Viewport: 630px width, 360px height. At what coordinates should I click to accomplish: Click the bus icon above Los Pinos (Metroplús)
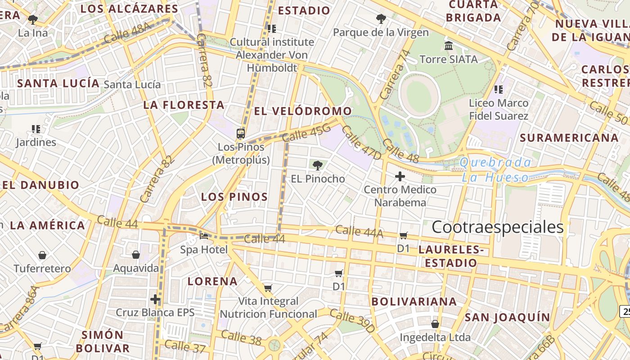click(241, 134)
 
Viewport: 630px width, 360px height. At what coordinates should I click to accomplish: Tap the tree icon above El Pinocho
click(318, 165)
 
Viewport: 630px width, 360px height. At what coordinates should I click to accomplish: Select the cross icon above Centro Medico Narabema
click(400, 176)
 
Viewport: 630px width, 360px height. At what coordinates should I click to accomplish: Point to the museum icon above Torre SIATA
click(449, 46)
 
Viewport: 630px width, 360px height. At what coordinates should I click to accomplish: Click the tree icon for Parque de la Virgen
click(381, 19)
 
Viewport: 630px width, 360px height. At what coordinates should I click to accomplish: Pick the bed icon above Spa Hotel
click(204, 236)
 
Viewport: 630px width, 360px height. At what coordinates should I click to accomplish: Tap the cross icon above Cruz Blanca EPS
click(155, 299)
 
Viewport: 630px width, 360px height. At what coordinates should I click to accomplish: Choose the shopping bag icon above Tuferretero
click(42, 255)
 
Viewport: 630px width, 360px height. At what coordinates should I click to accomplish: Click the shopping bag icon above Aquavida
click(135, 255)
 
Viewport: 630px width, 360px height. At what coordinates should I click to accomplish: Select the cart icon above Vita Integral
click(268, 288)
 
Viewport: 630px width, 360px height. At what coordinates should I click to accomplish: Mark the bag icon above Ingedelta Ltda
click(435, 324)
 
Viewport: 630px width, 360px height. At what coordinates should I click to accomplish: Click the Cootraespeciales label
click(497, 227)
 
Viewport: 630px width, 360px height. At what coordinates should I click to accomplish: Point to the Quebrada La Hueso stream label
click(495, 170)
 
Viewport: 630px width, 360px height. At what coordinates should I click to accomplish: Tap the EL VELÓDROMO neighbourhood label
click(303, 111)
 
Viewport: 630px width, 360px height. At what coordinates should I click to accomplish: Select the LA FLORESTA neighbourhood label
click(184, 105)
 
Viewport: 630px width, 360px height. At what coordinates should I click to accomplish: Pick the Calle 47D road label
click(361, 143)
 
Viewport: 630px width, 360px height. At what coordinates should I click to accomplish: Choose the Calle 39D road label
click(352, 321)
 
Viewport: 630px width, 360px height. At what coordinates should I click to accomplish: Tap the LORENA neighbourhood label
click(212, 282)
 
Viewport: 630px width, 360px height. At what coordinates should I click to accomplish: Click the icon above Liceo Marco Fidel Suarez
click(498, 90)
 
